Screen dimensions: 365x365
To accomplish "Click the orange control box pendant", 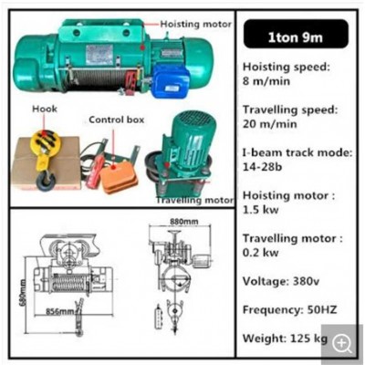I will point(118,173).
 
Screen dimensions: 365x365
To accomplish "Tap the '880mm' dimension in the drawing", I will point(183,221).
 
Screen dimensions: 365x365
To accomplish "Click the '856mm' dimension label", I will point(61,311).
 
